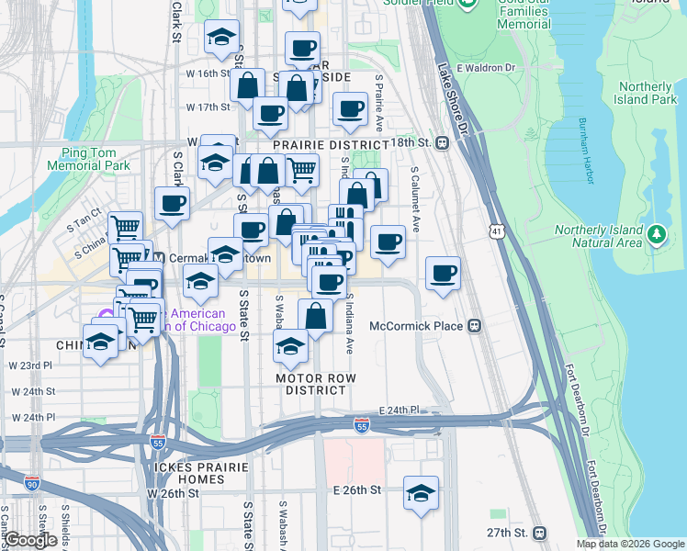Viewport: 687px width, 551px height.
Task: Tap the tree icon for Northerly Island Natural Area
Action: (656, 235)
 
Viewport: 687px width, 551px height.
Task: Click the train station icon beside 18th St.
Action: (443, 142)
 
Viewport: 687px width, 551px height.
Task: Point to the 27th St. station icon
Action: (539, 533)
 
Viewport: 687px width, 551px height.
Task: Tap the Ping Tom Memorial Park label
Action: (96, 160)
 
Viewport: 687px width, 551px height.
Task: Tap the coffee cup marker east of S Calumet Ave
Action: (444, 273)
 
